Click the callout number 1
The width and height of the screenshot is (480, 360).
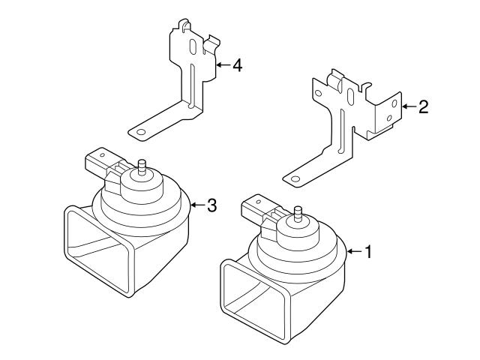[x=368, y=252]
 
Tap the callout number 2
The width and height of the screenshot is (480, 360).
[x=424, y=106]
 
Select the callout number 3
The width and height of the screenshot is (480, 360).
[x=212, y=205]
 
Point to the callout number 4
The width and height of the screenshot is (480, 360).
[x=238, y=65]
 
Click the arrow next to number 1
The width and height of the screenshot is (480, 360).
[x=355, y=252]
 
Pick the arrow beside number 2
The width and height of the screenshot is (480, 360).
[x=409, y=106]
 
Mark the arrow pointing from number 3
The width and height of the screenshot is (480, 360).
[x=198, y=205]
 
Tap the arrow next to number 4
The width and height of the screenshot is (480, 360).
[x=223, y=65]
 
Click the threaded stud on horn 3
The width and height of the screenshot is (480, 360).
[x=142, y=167]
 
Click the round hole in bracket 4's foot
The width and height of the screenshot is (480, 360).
[x=141, y=132]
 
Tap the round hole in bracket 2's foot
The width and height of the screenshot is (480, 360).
[x=295, y=179]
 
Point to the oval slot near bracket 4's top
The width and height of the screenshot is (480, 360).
[x=193, y=46]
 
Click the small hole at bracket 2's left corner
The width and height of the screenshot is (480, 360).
[x=318, y=93]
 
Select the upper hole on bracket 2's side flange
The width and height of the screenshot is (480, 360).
[x=394, y=103]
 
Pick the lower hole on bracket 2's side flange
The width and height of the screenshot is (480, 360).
[x=390, y=118]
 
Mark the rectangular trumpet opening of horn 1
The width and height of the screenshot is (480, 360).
[x=255, y=301]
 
